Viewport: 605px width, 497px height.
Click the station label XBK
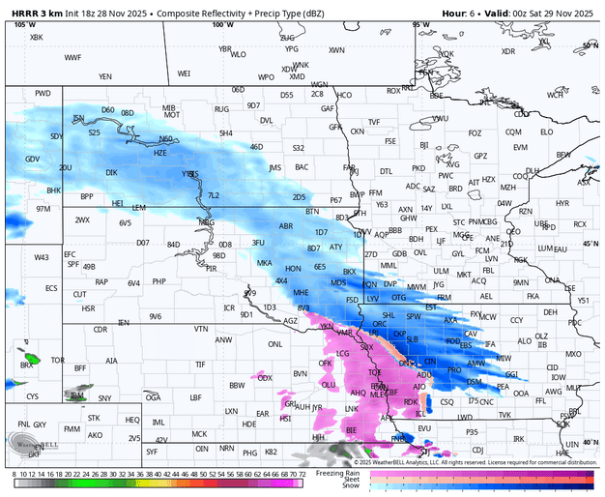pos(37,37)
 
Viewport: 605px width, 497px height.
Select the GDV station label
pos(33,159)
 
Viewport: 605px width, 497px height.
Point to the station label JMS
pos(275,167)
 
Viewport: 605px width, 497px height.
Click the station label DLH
pos(533,170)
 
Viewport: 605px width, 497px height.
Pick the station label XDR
pos(508,51)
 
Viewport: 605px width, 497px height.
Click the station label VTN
pos(201,329)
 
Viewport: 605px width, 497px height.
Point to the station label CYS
pos(33,396)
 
